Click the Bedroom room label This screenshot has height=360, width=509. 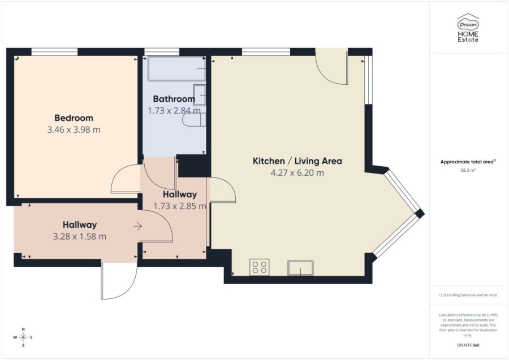click(74, 118)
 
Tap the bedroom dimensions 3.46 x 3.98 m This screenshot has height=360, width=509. click(74, 129)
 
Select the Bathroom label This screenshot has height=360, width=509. click(174, 99)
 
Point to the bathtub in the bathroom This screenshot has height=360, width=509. click(177, 70)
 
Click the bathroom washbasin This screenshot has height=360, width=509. click(200, 94)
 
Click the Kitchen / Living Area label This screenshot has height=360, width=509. click(297, 161)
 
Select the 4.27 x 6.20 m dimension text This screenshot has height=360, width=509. click(297, 173)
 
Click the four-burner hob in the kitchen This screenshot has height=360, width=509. click(260, 267)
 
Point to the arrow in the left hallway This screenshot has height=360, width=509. click(138, 226)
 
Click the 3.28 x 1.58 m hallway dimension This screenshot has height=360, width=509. click(79, 237)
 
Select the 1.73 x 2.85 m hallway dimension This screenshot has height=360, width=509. click(176, 206)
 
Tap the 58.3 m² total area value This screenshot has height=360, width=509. click(468, 169)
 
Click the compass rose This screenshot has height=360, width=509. click(23, 337)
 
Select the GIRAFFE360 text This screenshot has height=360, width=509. click(468, 344)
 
